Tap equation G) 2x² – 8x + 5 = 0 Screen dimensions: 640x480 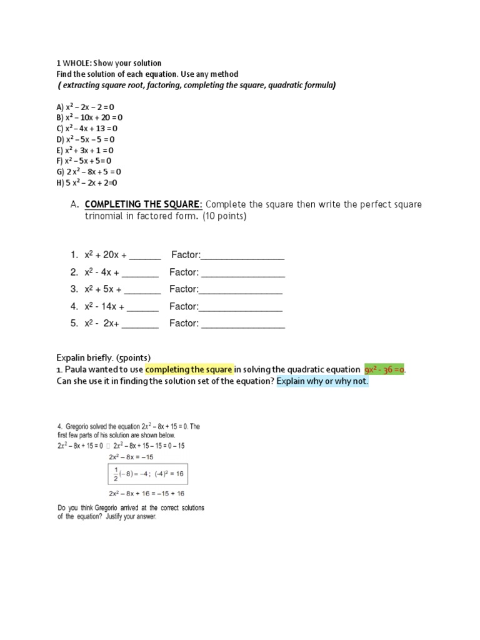(89, 171)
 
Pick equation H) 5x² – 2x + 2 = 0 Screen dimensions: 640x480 (87, 182)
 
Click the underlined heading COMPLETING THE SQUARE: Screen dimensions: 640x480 (143, 205)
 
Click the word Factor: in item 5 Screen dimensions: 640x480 (184, 323)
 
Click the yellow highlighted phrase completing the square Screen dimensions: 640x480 (193, 369)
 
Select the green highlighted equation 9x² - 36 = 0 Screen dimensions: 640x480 (384, 369)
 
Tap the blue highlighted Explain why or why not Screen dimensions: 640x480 (322, 381)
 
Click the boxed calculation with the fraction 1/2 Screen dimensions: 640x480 (147, 474)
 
